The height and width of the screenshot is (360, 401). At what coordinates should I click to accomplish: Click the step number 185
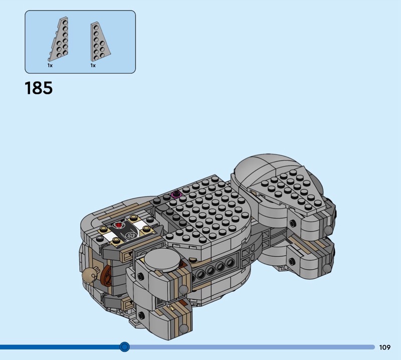click(39, 88)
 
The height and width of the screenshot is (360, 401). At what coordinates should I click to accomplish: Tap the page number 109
click(385, 347)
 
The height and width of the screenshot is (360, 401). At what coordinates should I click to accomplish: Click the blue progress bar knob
click(124, 346)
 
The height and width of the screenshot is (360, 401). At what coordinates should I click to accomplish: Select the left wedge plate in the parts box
click(58, 39)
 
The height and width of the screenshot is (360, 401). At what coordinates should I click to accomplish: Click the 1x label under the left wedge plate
click(50, 66)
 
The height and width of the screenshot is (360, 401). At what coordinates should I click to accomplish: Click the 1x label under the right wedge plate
click(93, 66)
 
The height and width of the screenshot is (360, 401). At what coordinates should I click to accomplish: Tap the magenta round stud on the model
click(176, 194)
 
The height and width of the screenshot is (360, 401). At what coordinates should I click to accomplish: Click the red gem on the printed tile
click(118, 225)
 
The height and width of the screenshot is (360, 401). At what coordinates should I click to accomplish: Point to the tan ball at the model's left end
click(89, 274)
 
